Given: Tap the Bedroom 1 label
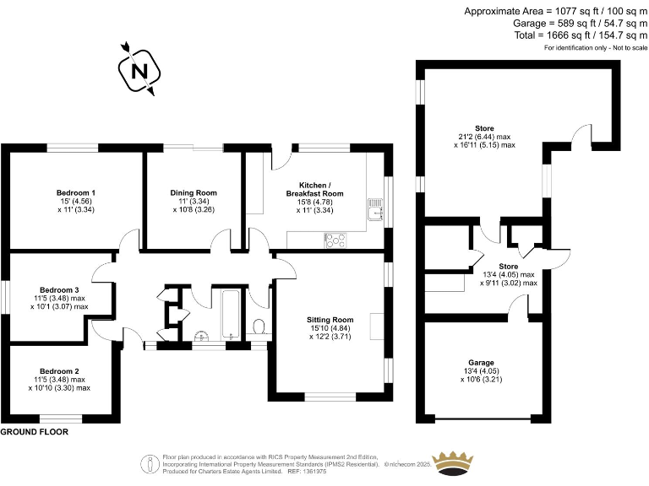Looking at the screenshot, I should pyautogui.click(x=75, y=193).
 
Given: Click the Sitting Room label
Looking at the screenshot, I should pyautogui.click(x=330, y=320).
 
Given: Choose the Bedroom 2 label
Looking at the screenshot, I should pyautogui.click(x=60, y=371).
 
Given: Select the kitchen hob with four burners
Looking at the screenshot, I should pyautogui.click(x=336, y=240).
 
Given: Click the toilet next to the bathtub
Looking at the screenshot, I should pyautogui.click(x=260, y=327).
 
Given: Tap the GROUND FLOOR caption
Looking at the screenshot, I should pyautogui.click(x=35, y=432).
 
